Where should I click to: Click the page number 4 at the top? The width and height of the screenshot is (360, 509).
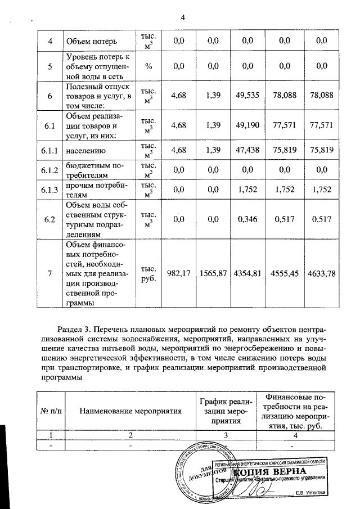point(182,17)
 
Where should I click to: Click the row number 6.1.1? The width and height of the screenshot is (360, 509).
point(50,150)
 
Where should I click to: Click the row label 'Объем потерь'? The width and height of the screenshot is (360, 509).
point(92,41)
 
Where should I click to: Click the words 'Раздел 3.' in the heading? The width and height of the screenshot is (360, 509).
point(75,327)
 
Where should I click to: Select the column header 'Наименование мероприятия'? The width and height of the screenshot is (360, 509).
point(130,411)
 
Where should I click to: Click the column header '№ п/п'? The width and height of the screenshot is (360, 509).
point(51,411)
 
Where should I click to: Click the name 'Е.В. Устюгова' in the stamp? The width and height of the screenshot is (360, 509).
point(313,493)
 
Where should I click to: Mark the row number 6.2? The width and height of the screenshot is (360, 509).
point(50,219)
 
